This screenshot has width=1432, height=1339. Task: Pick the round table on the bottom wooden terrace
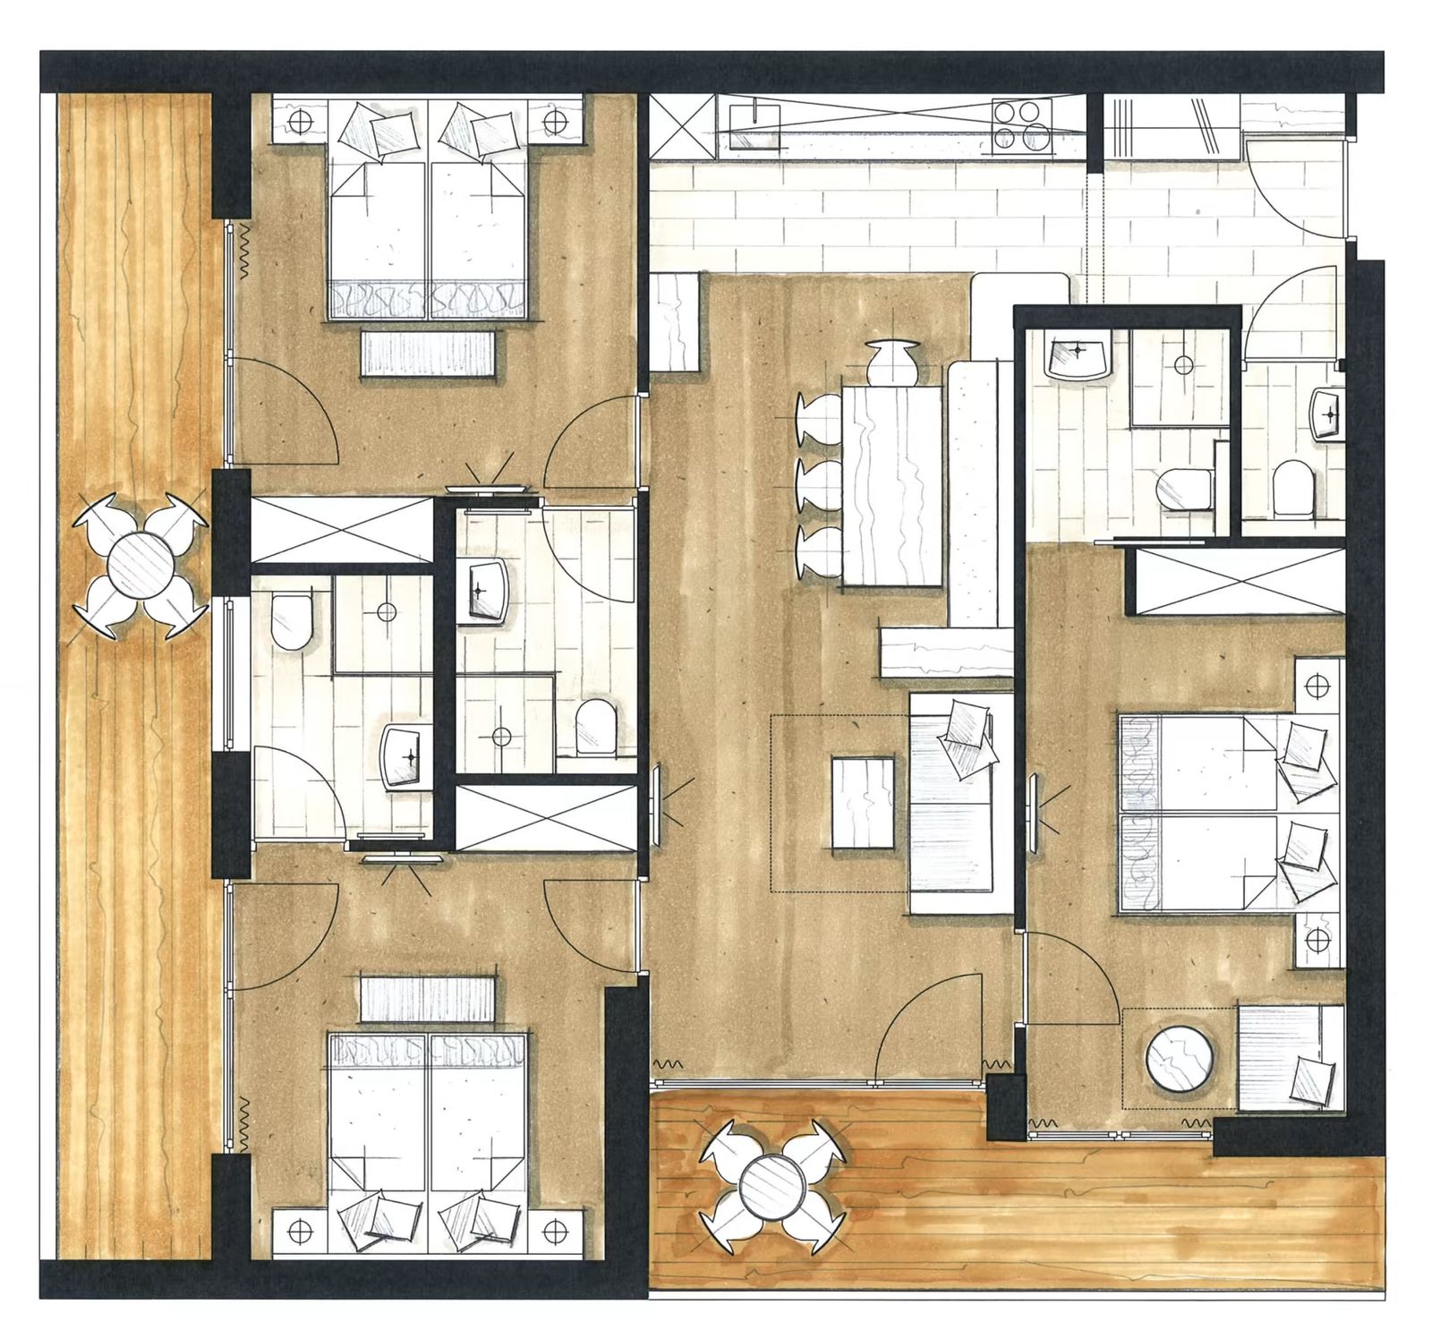point(772,1181)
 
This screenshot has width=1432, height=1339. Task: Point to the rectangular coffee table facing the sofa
point(863,804)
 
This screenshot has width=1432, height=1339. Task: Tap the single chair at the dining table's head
point(891,360)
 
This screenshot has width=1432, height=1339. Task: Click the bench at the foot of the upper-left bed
point(429,353)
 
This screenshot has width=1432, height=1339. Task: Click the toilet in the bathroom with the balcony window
point(290,620)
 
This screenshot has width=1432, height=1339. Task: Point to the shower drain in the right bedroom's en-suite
point(1183,365)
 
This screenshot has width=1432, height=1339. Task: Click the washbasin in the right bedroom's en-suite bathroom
point(1078,356)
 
